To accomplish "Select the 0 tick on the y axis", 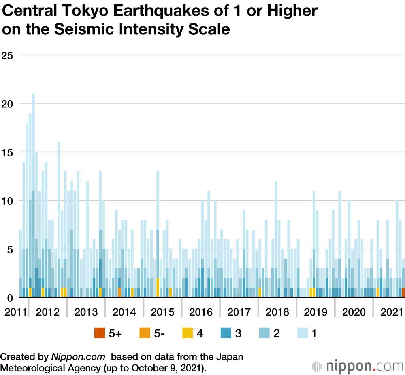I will point(11,298).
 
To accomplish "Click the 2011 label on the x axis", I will point(13,312).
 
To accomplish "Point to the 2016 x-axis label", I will point(201,312).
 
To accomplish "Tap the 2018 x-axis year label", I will point(277,312).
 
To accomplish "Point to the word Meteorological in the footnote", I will point(33,368).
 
